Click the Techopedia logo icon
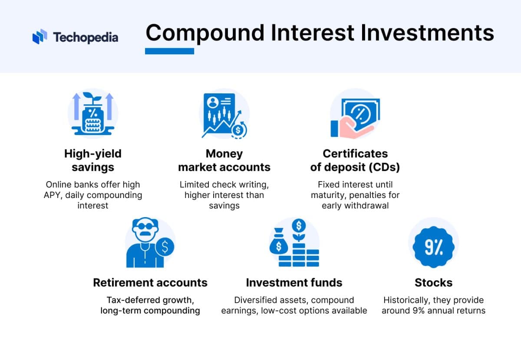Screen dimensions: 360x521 (x=40, y=36)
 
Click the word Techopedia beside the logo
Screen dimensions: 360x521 (x=86, y=37)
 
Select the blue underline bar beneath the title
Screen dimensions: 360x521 (x=169, y=51)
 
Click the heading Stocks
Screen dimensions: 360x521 (x=433, y=283)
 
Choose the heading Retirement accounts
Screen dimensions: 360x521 (x=150, y=283)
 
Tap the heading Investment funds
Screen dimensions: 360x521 (x=294, y=283)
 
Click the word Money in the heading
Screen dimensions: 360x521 (x=224, y=154)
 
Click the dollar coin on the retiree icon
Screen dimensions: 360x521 (x=165, y=247)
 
